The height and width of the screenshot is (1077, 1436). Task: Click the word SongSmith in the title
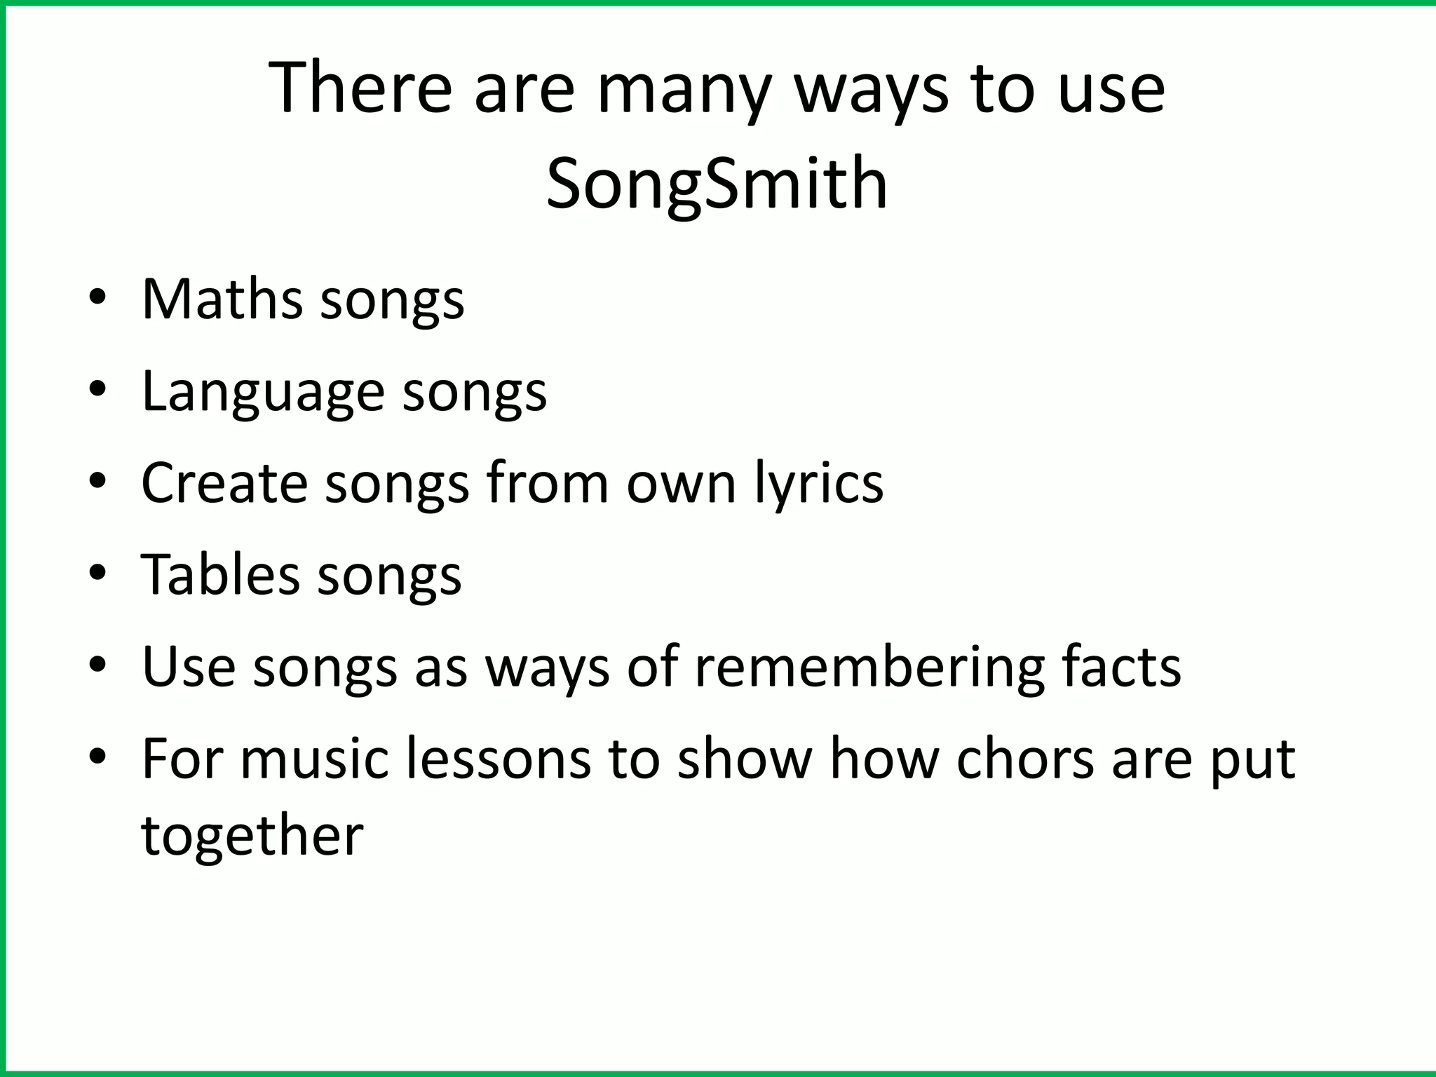(717, 184)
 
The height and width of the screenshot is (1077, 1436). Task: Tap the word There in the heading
(360, 88)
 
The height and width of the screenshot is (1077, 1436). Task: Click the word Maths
(222, 299)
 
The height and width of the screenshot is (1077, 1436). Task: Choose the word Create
(224, 482)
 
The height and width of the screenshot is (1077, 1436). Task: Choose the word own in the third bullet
(681, 484)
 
